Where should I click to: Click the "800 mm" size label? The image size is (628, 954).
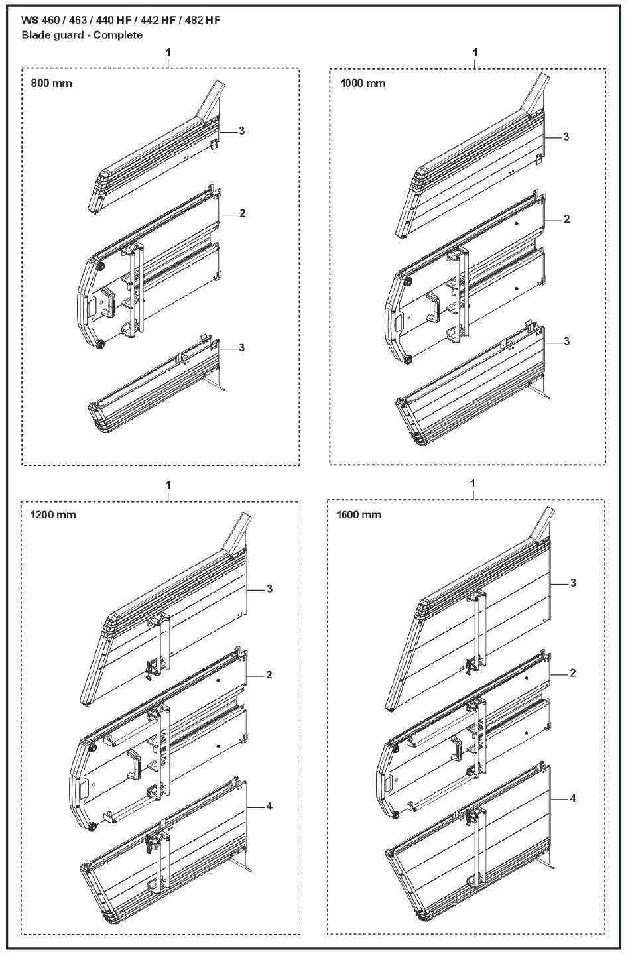pyautogui.click(x=51, y=84)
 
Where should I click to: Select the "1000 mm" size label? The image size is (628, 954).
pyautogui.click(x=361, y=83)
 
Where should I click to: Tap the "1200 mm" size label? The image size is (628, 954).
pyautogui.click(x=53, y=515)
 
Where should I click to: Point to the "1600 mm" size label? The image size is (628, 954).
pyautogui.click(x=359, y=515)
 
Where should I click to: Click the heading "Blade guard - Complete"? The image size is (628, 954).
pyautogui.click(x=82, y=35)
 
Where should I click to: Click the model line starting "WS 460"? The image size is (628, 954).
pyautogui.click(x=121, y=21)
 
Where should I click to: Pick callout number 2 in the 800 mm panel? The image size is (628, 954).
pyautogui.click(x=243, y=213)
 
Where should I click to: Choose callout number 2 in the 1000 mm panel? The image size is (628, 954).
pyautogui.click(x=566, y=219)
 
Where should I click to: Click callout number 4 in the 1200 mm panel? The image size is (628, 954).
pyautogui.click(x=269, y=806)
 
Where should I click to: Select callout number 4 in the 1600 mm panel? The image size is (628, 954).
pyautogui.click(x=573, y=798)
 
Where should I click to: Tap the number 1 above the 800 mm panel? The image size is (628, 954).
pyautogui.click(x=168, y=52)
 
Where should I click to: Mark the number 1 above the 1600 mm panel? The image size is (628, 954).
pyautogui.click(x=473, y=483)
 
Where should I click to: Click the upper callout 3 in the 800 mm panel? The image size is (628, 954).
pyautogui.click(x=242, y=131)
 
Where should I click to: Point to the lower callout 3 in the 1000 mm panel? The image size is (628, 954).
pyautogui.click(x=566, y=341)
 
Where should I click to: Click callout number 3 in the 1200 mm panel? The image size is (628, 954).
pyautogui.click(x=269, y=589)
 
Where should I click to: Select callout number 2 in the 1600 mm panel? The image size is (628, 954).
pyautogui.click(x=573, y=673)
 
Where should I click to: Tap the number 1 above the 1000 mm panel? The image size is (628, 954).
pyautogui.click(x=475, y=52)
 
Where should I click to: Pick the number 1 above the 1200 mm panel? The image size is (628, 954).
pyautogui.click(x=168, y=485)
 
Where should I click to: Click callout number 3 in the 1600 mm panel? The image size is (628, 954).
pyautogui.click(x=573, y=583)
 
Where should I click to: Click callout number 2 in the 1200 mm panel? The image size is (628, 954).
pyautogui.click(x=269, y=675)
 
